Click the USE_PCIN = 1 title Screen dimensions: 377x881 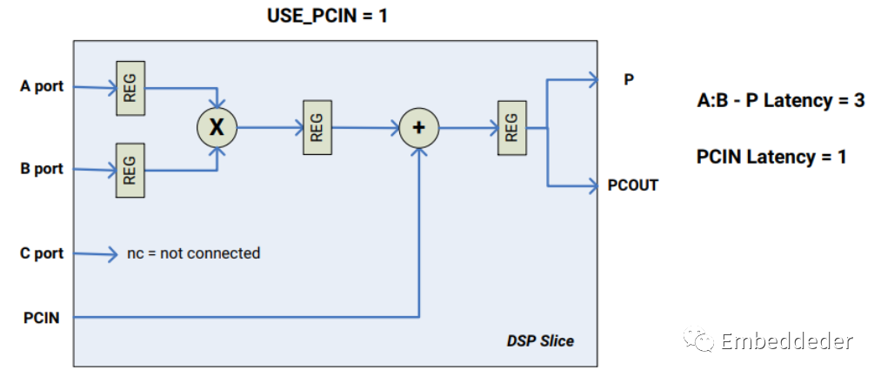326,16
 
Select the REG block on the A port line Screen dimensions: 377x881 130,87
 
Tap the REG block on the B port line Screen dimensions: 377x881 130,169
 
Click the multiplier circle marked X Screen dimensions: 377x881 216,127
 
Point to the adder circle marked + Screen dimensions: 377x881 419,127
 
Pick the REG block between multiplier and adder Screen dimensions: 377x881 317,127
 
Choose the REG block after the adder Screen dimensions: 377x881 511,127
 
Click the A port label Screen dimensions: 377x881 42,87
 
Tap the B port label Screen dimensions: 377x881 42,169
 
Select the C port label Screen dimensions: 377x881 42,254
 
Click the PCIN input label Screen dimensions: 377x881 42,318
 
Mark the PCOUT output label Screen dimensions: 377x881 633,185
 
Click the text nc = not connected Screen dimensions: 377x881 193,253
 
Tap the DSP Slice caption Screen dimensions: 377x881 540,340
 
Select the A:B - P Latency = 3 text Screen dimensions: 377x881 780,101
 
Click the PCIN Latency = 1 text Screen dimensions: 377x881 771,158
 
